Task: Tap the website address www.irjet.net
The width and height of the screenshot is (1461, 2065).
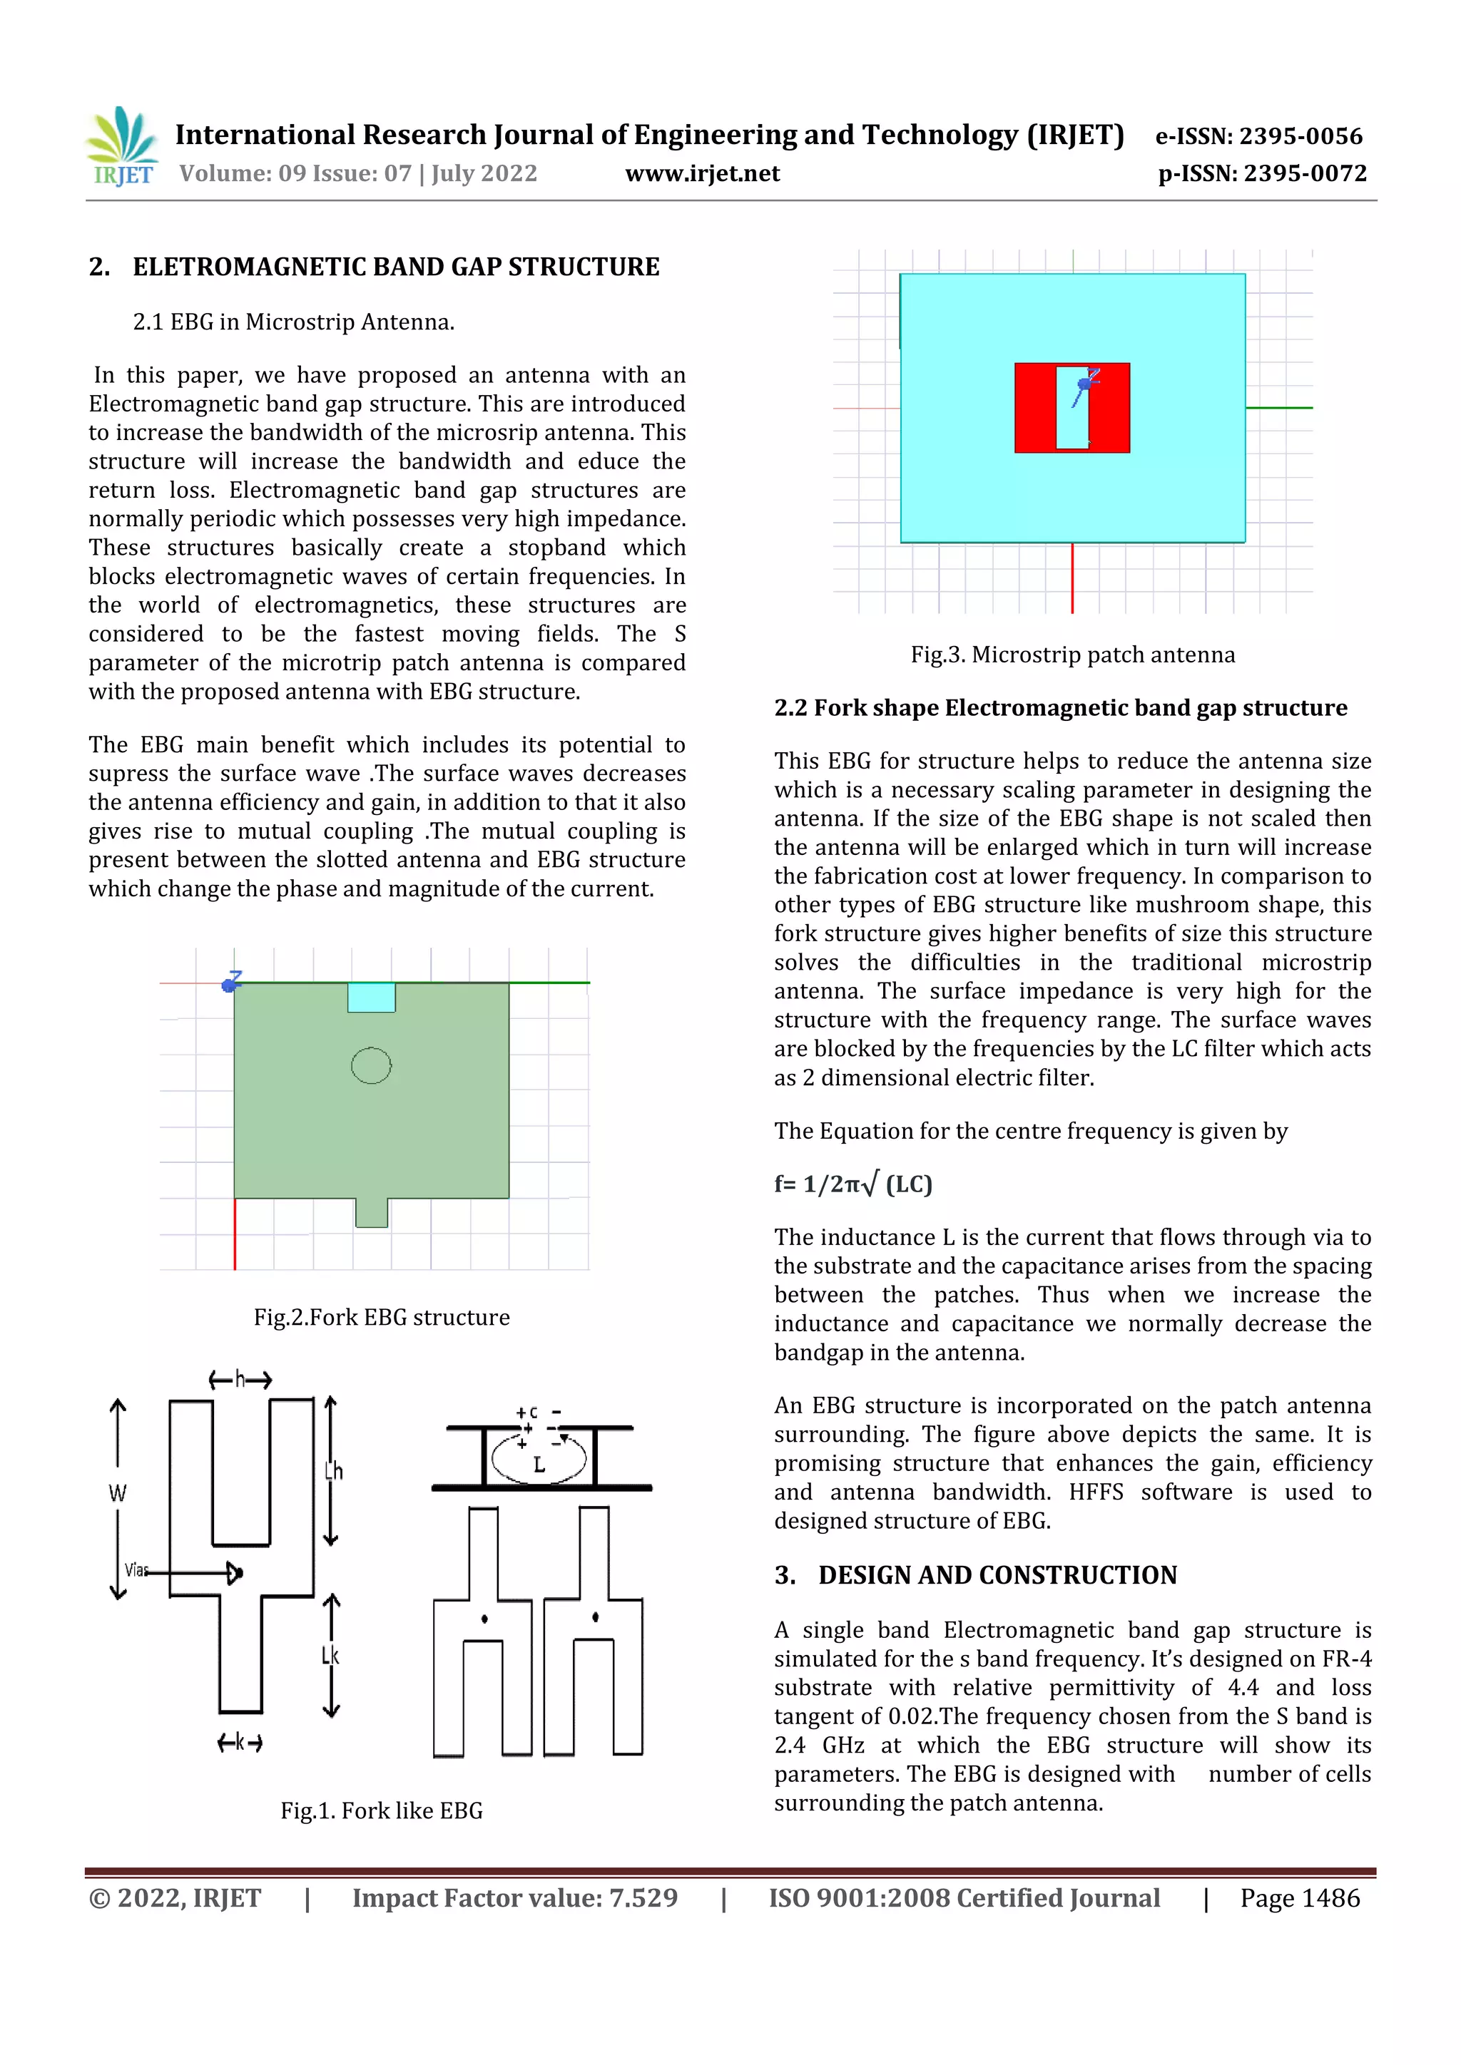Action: tap(702, 173)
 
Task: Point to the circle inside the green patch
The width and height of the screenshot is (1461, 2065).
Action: tap(371, 1066)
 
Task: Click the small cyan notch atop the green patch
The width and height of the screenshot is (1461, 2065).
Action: tap(372, 998)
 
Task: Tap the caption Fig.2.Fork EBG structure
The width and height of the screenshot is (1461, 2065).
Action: tap(382, 1317)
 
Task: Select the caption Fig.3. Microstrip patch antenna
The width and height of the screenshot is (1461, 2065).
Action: tap(1072, 655)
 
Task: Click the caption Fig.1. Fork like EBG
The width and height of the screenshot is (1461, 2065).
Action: tap(382, 1810)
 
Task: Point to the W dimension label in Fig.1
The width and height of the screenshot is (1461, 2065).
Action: tap(118, 1494)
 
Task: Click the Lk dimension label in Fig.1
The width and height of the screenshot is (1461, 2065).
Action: tap(330, 1655)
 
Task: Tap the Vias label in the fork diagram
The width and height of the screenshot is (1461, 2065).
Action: tap(136, 1570)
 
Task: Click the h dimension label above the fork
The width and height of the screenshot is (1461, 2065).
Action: tap(240, 1379)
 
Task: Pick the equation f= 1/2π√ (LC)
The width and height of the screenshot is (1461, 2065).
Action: tap(853, 1184)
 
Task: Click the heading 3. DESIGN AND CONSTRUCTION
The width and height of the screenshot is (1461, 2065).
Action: tap(975, 1575)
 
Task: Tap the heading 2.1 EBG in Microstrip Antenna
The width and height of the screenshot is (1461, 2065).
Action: tap(293, 322)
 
